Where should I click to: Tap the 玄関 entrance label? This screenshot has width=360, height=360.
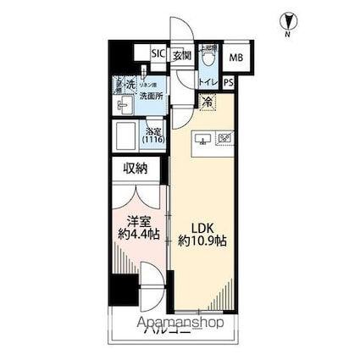click(x=182, y=55)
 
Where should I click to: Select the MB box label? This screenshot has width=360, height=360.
click(x=236, y=58)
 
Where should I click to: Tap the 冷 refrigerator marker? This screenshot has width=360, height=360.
click(x=208, y=102)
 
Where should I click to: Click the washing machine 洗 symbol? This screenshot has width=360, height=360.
click(x=130, y=85)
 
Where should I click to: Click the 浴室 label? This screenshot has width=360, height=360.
click(x=153, y=131)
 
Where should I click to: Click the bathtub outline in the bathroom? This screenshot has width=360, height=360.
click(x=127, y=137)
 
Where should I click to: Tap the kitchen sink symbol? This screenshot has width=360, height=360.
click(x=203, y=140)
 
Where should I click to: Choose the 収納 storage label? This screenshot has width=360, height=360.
click(x=135, y=169)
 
